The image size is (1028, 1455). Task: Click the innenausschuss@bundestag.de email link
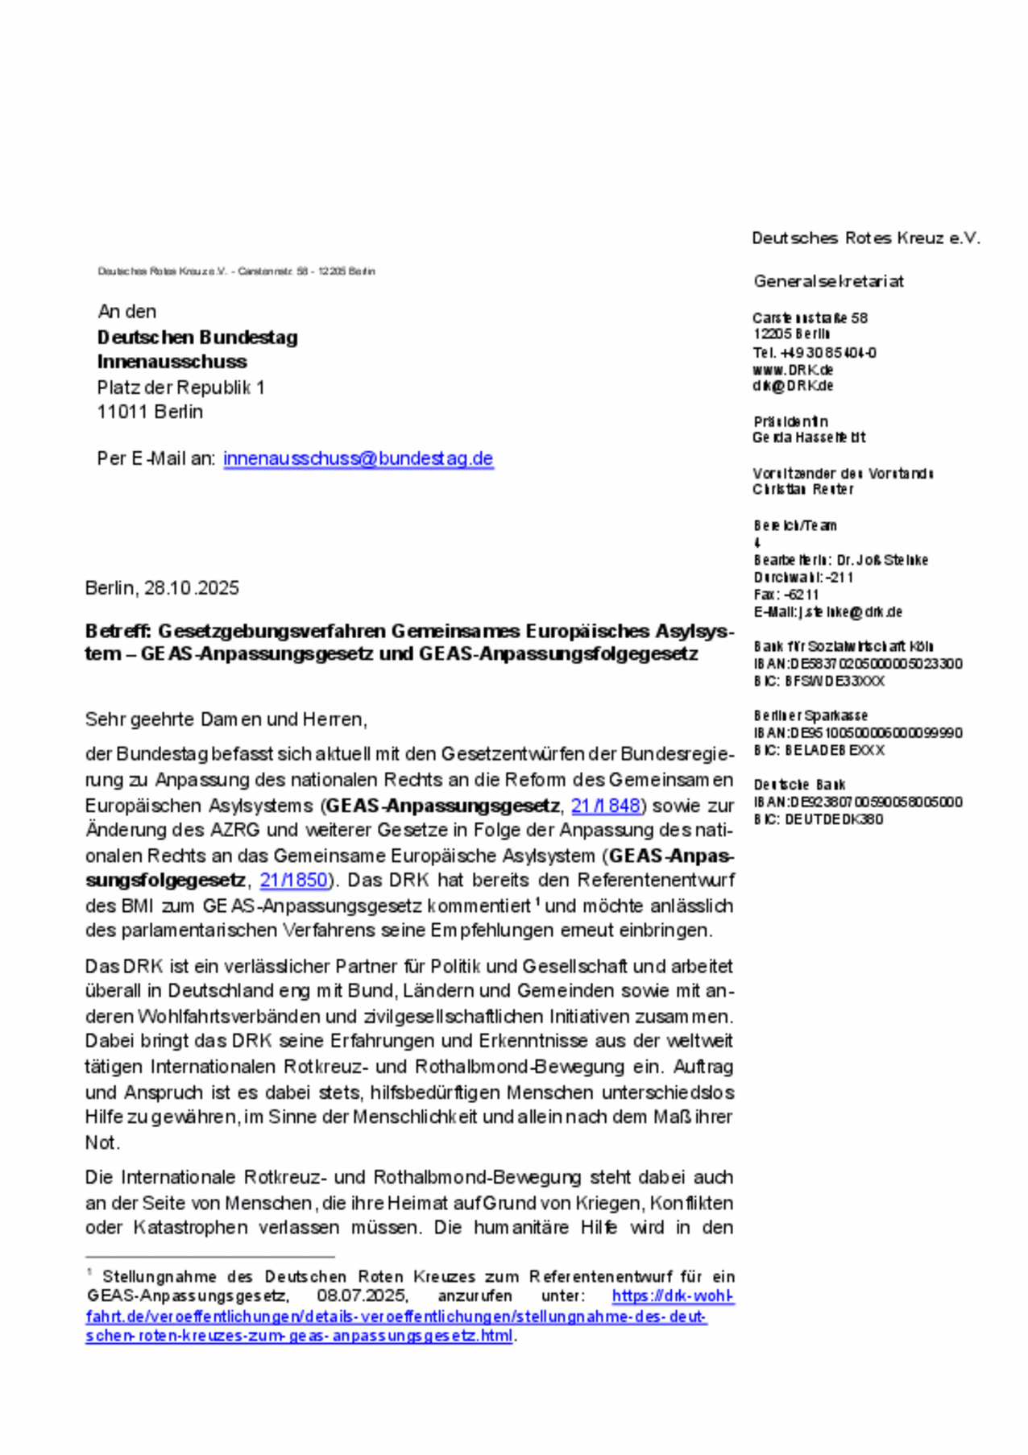click(x=358, y=458)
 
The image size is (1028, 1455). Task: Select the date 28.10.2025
click(x=192, y=588)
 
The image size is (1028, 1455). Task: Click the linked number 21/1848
click(x=606, y=806)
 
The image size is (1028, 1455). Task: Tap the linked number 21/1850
click(x=294, y=880)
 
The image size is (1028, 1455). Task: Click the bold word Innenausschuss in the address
click(x=172, y=362)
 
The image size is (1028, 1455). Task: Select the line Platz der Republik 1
click(x=180, y=388)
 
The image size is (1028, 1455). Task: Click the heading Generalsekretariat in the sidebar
click(x=828, y=281)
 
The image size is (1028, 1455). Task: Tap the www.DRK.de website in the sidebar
click(x=793, y=370)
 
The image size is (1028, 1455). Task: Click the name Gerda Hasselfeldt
click(x=809, y=437)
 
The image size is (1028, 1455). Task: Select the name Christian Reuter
click(x=802, y=489)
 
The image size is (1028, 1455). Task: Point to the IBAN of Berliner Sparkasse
click(x=858, y=733)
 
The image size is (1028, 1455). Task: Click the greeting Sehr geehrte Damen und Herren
click(x=226, y=719)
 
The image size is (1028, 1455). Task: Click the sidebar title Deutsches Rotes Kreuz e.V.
click(x=865, y=238)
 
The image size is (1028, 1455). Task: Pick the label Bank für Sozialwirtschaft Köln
click(x=844, y=646)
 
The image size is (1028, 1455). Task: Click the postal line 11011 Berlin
click(x=150, y=412)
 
